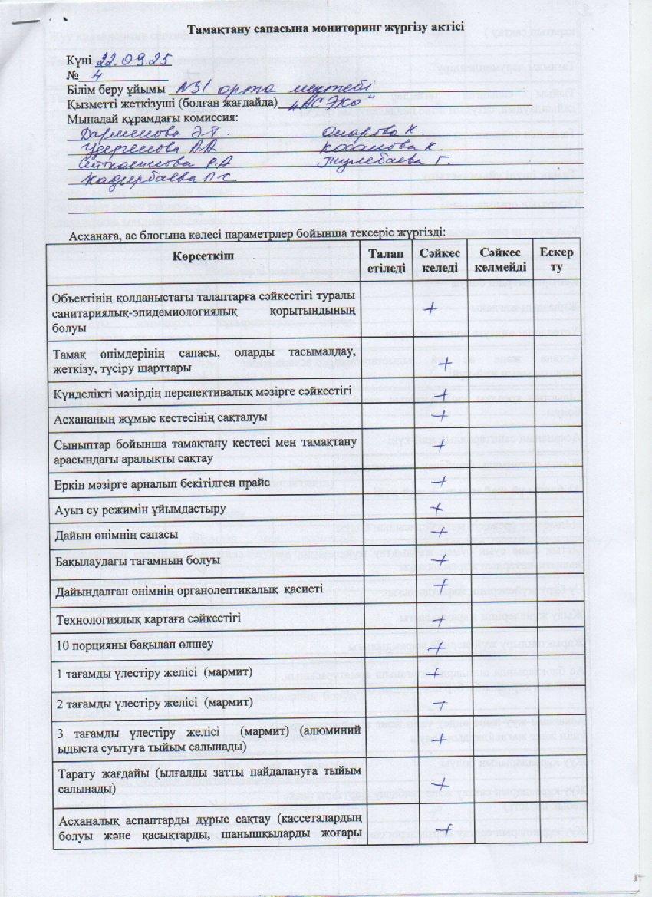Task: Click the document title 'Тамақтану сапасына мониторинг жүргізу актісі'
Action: (326, 29)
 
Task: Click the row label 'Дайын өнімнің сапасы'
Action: (115, 533)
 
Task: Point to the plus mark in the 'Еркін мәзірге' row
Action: (440, 482)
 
